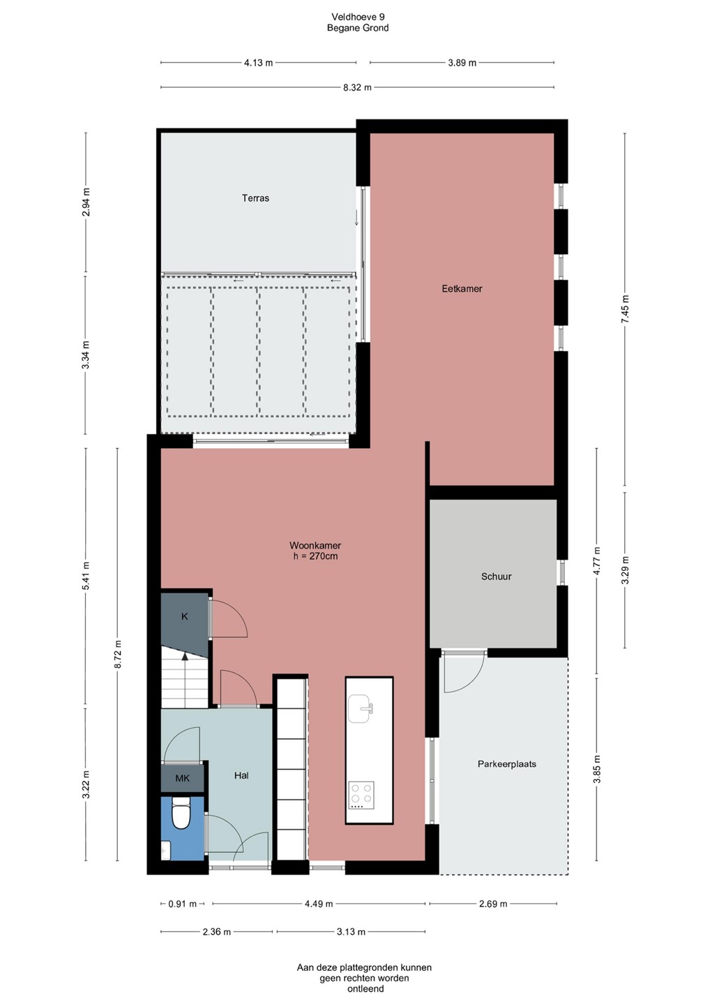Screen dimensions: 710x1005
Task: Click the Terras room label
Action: pyautogui.click(x=255, y=198)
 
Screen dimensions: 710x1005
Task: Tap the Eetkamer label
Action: pyautogui.click(x=462, y=288)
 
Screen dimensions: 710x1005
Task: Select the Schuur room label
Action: pyautogui.click(x=496, y=576)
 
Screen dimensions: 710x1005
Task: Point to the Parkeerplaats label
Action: pyautogui.click(x=506, y=764)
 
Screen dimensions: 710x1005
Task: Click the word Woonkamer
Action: pyautogui.click(x=315, y=546)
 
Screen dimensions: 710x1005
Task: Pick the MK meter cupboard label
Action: pyautogui.click(x=183, y=778)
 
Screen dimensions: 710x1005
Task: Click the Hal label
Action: pyautogui.click(x=241, y=775)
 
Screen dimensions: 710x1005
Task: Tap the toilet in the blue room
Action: pyautogui.click(x=181, y=813)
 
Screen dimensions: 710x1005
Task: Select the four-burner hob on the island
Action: pyautogui.click(x=361, y=795)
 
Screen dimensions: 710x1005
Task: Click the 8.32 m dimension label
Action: pyautogui.click(x=357, y=87)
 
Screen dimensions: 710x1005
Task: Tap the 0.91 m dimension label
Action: pyautogui.click(x=183, y=904)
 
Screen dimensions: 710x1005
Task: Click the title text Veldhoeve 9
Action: pyautogui.click(x=358, y=17)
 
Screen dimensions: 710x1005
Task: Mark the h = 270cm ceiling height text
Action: pyautogui.click(x=315, y=556)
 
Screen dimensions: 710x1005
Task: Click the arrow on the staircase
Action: pyautogui.click(x=185, y=681)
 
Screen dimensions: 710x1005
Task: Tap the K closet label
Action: pyautogui.click(x=185, y=616)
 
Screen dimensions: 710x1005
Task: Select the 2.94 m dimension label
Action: pyautogui.click(x=86, y=202)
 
